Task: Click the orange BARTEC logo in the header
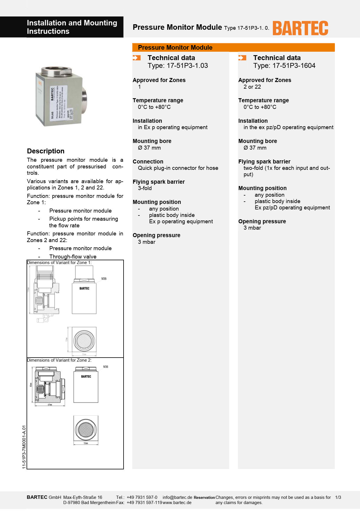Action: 300,28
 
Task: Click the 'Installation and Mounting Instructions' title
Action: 72,27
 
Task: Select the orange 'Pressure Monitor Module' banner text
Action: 175,48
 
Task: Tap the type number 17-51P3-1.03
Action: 187,66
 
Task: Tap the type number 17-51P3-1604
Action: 294,66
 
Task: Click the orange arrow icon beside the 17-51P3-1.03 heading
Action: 137,58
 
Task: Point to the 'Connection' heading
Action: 148,161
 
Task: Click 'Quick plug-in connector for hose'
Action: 178,168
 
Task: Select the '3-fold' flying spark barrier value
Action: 145,188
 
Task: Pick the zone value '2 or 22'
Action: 252,87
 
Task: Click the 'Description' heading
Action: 46,151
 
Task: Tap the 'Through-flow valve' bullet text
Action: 73,256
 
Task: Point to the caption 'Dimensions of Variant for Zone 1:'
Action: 59,263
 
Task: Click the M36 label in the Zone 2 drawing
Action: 106,367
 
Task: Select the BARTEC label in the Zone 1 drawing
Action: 84,288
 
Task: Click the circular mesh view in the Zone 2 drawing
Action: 86,429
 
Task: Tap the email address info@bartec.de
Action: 177,497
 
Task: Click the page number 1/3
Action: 338,497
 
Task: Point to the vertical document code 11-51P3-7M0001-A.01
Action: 24,447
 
